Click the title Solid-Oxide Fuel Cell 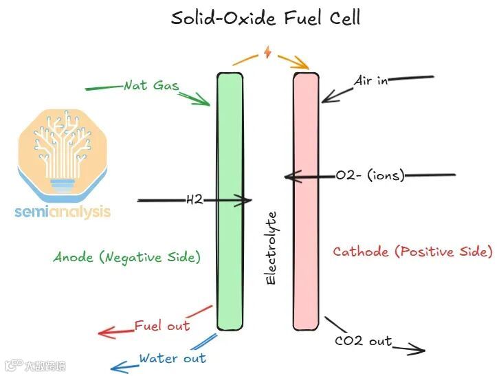265,18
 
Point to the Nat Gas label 151,86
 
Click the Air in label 371,80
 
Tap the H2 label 195,201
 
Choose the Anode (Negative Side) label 127,257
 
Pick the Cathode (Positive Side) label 412,252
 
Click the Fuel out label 162,325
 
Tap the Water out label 172,358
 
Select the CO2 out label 363,340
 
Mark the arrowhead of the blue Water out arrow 115,367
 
